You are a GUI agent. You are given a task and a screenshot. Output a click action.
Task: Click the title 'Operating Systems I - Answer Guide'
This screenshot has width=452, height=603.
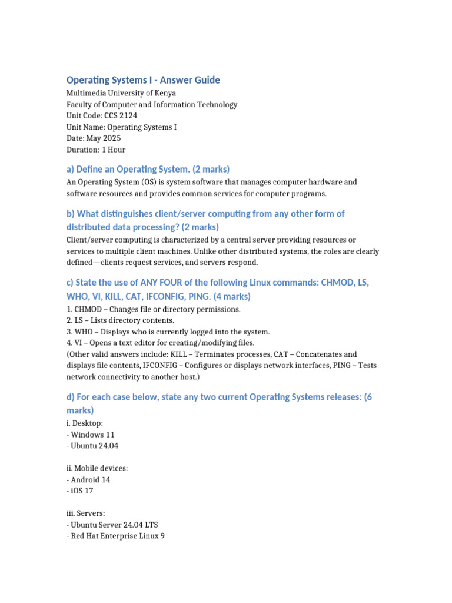pos(143,80)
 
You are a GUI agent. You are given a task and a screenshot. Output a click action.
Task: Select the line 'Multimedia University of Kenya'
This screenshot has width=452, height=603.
pos(121,93)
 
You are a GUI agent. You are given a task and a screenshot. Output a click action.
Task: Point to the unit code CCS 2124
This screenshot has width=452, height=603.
pos(120,115)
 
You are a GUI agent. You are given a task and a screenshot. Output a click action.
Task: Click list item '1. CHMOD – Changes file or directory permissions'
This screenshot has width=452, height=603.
pos(154,309)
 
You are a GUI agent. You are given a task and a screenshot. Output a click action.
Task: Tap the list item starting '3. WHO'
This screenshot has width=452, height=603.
pos(168,332)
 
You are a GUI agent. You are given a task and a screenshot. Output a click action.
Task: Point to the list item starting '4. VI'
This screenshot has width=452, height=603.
pos(160,343)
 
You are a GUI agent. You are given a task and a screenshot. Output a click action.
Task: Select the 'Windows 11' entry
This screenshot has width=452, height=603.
pos(92,435)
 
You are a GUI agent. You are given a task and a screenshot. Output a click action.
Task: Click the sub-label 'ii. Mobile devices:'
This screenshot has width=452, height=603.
pos(97,468)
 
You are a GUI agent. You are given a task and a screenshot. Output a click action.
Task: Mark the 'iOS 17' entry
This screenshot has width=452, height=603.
pos(82,491)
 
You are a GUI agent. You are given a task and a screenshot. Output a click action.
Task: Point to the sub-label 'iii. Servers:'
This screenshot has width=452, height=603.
pos(86,513)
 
